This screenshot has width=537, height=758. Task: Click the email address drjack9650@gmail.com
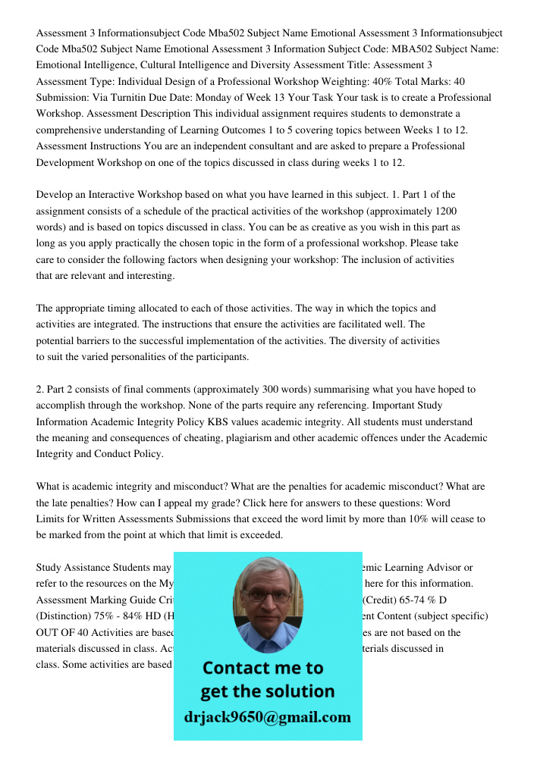point(268,717)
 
